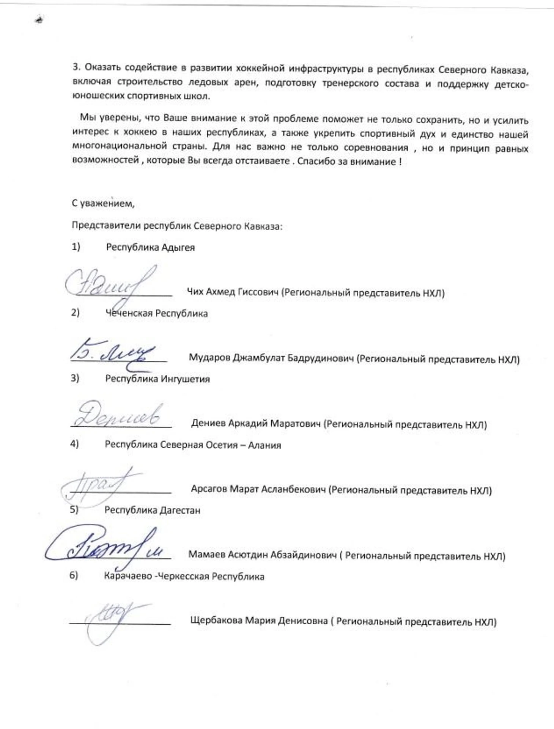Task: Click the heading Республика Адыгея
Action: tap(150, 248)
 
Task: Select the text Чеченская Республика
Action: tap(156, 314)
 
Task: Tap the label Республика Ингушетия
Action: tap(157, 379)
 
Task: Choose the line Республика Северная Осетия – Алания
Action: tap(193, 445)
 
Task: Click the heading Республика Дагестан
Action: tap(152, 511)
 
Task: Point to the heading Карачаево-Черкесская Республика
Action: tap(184, 577)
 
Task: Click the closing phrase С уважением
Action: tap(103, 204)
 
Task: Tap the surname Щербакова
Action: tap(216, 621)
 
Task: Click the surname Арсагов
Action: tap(209, 489)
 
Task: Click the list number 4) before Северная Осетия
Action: tap(74, 444)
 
